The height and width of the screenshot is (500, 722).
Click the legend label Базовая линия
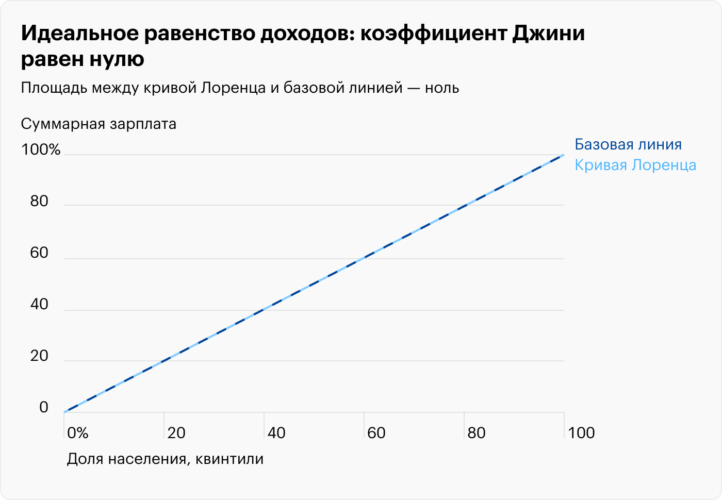point(628,144)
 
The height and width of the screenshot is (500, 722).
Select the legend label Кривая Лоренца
point(635,165)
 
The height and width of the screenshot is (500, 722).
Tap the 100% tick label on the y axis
point(41,149)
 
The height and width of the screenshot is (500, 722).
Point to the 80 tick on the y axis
point(39,201)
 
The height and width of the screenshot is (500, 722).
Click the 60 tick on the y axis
point(39,253)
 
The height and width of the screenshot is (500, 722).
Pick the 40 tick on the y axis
point(39,304)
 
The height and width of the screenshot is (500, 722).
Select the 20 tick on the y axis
point(39,356)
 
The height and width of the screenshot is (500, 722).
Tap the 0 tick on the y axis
point(44,407)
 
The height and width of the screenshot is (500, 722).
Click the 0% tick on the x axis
point(78,432)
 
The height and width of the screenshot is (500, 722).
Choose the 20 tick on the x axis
point(176,432)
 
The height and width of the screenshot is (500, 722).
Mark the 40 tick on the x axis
point(276,432)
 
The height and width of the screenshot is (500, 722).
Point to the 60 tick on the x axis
point(376,432)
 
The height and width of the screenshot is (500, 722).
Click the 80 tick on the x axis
point(477,432)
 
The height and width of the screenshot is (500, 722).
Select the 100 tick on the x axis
point(581,432)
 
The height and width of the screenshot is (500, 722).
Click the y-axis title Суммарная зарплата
point(99,124)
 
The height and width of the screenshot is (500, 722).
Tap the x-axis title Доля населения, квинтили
point(165,459)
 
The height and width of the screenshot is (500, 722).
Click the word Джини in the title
point(549,34)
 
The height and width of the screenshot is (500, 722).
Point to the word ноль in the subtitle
point(442,88)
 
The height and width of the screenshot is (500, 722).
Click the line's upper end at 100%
point(563,155)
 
